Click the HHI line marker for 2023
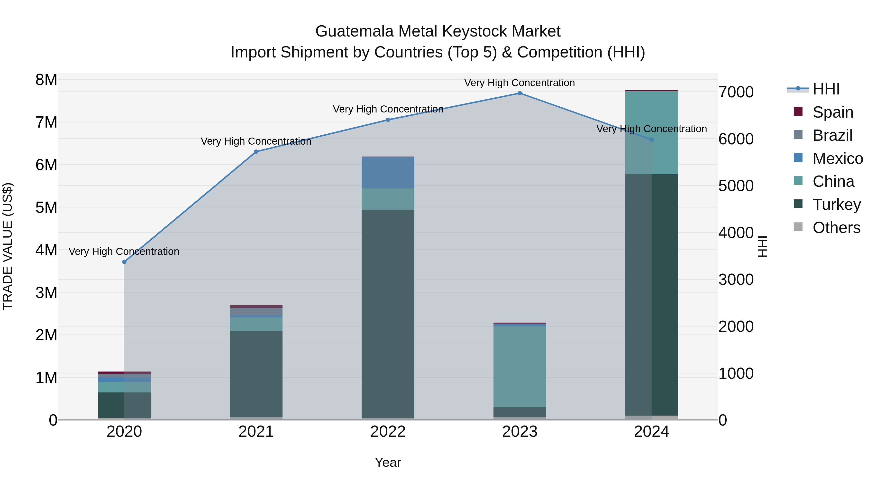[x=520, y=93]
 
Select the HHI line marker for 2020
[x=124, y=262]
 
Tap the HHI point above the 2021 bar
[x=256, y=152]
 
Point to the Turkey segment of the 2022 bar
[x=388, y=313]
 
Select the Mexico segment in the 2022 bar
[x=388, y=173]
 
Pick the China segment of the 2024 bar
[x=652, y=133]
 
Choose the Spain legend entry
[x=833, y=112]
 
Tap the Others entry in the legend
[x=836, y=228]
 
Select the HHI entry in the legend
[x=826, y=89]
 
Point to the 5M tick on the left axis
[x=46, y=207]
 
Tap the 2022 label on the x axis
[x=388, y=432]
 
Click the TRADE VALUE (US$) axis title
[x=8, y=246]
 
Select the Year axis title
[x=388, y=462]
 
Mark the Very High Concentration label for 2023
[x=519, y=83]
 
